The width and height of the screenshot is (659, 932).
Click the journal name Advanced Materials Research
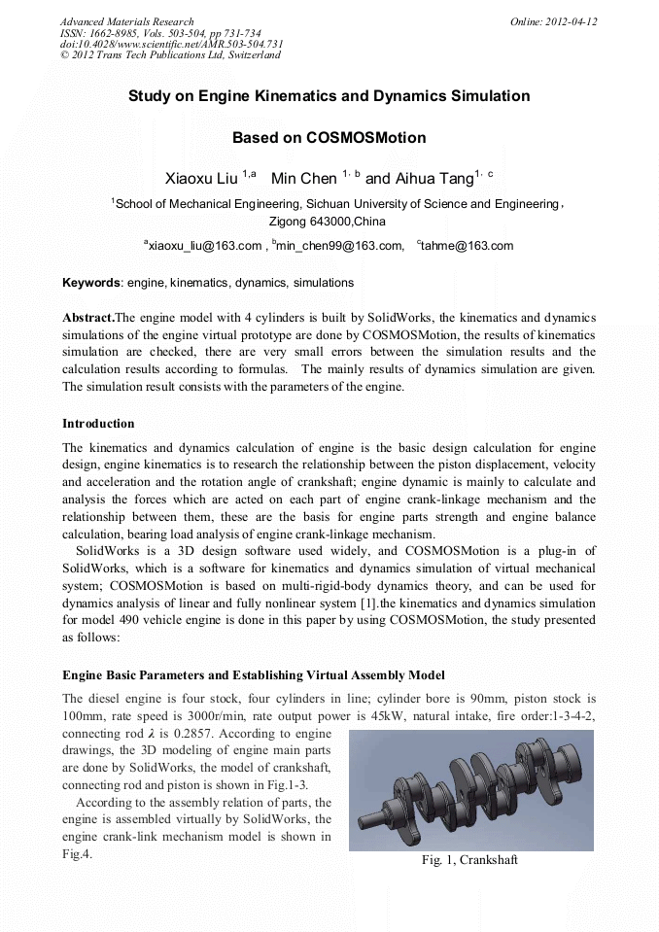click(126, 21)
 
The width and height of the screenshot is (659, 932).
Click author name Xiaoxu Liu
click(202, 179)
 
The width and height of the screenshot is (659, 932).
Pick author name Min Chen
click(303, 179)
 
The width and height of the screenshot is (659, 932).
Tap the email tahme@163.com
click(468, 246)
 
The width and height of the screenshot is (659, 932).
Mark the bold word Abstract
click(87, 317)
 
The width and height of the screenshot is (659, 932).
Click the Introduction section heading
click(98, 424)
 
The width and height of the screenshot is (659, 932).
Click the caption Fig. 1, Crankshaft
click(469, 860)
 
